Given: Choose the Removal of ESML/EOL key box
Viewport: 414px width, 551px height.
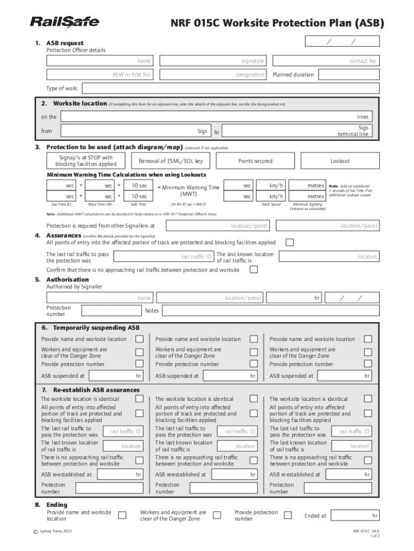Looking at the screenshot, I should (171, 161).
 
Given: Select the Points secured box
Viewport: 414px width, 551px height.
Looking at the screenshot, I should (255, 161).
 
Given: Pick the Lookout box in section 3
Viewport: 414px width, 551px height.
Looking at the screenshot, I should (340, 161).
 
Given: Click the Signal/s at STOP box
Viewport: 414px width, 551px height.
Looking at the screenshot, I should (86, 161).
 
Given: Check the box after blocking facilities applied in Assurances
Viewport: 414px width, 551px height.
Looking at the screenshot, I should (290, 243).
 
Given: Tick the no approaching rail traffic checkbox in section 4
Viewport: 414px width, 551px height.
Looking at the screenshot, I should (254, 270).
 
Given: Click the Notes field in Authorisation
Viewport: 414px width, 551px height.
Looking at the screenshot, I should (261, 311).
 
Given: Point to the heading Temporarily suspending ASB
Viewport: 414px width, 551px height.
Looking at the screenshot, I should (96, 327).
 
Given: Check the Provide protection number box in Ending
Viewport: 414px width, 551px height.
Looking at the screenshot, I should (288, 515).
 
